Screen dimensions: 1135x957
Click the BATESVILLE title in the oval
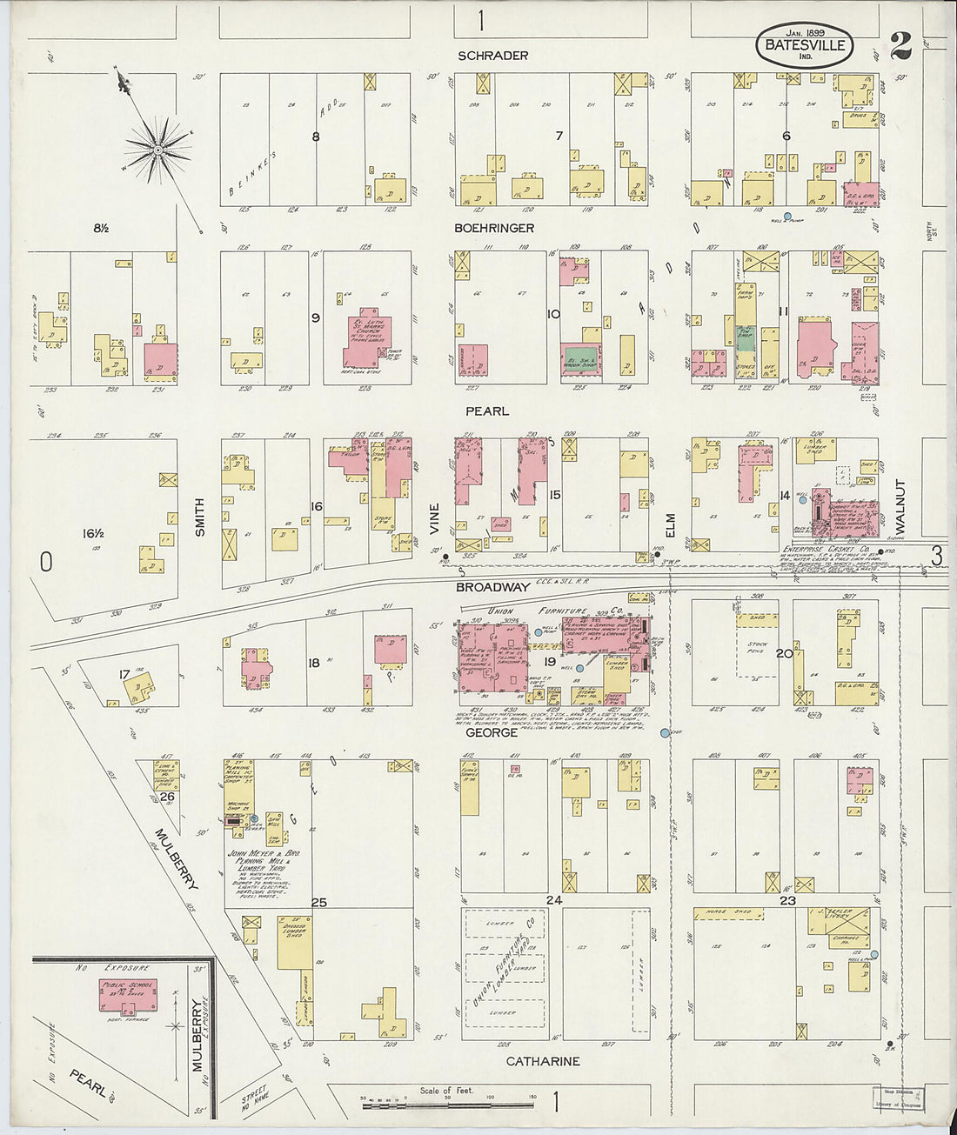[x=805, y=44]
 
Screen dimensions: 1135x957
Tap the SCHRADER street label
[x=493, y=56]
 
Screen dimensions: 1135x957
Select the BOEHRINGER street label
[x=493, y=228]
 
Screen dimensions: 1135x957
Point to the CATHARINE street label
[x=543, y=1062]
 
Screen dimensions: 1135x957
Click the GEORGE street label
[x=492, y=733]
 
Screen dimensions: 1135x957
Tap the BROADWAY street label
[x=493, y=587]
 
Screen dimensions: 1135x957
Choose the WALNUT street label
[x=900, y=505]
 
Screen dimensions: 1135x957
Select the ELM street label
[x=670, y=525]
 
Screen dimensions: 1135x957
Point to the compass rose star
[x=158, y=150]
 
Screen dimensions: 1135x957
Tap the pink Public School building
[x=128, y=995]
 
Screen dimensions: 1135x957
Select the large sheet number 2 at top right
[x=900, y=45]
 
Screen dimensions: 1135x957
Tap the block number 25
[x=319, y=903]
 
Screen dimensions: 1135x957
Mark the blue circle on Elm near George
[x=666, y=733]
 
